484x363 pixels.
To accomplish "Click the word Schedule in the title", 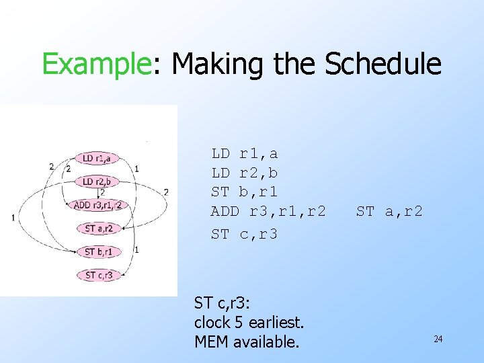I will pos(383,65).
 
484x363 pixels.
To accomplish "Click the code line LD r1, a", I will pos(245,153).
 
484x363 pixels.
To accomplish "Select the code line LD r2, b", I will pos(245,173).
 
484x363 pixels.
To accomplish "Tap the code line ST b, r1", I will pos(245,192).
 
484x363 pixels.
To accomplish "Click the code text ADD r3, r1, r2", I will pos(268,212).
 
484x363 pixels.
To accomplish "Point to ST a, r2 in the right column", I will pos(389,212).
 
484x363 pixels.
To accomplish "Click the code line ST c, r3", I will pos(245,234).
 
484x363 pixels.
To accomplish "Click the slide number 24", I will pos(438,339).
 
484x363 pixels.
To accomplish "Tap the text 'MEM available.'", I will pos(246,341).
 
